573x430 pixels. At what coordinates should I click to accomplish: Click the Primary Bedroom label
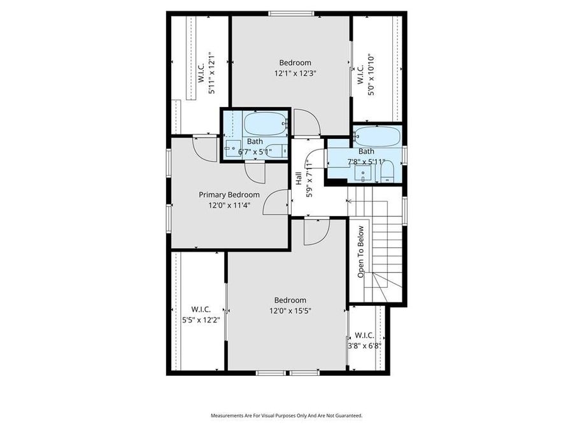click(229, 195)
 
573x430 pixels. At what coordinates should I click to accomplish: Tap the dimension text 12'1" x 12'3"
click(295, 73)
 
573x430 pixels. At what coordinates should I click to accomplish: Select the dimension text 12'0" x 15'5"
click(290, 311)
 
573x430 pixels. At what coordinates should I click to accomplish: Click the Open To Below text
click(360, 252)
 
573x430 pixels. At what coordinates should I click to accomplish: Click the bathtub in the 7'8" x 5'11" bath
click(377, 136)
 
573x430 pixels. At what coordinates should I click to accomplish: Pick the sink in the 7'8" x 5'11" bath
click(366, 173)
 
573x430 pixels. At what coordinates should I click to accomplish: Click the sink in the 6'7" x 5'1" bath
click(230, 147)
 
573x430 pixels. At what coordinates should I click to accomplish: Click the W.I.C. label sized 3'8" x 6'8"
click(364, 335)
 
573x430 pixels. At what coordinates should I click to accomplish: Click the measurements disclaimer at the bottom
click(286, 415)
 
